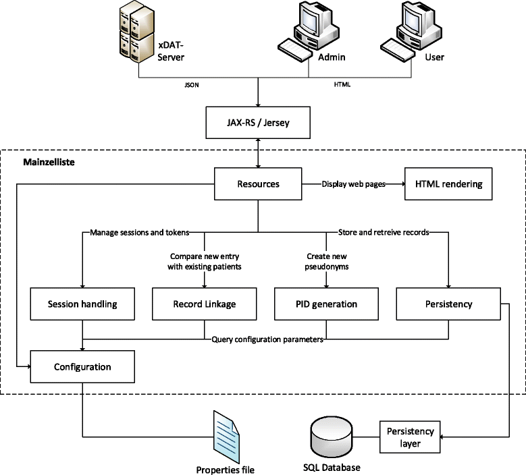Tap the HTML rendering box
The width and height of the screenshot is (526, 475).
(444, 184)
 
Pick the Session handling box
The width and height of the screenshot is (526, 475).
(82, 304)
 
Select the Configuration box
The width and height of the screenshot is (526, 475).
(82, 367)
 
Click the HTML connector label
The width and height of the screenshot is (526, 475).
(342, 86)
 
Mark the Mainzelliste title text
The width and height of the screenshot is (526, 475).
(48, 163)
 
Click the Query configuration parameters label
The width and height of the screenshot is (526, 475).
(267, 339)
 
